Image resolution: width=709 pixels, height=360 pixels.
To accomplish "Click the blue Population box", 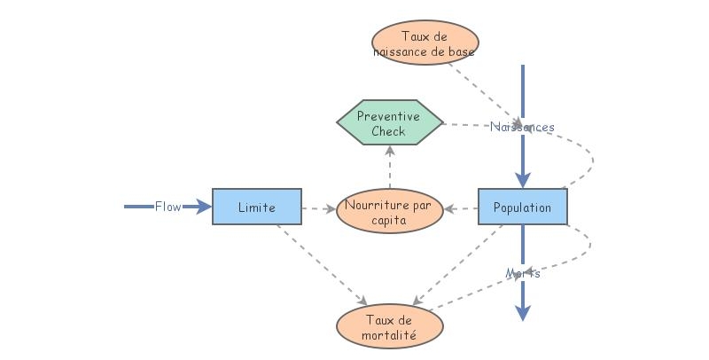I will point(523,207).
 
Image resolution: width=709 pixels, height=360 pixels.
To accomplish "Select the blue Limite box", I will point(257,207).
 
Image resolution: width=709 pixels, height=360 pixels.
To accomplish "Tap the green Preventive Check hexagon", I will point(389,122).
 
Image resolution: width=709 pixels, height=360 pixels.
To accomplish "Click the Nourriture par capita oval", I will point(390,213).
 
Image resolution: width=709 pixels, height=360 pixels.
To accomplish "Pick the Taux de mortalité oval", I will point(389,327).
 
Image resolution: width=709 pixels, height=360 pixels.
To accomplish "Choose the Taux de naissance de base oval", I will point(425,43).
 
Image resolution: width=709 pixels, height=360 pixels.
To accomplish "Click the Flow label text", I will point(168,207).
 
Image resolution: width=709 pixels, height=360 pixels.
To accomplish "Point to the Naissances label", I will point(522,127).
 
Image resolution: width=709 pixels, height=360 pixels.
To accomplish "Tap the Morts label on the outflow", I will point(523,273).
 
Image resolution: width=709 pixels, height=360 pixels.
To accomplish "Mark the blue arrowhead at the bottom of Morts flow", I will point(523,312).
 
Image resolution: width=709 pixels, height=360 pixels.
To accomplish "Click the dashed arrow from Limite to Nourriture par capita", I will point(319,210).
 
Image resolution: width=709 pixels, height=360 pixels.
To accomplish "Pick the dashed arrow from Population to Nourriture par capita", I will point(461,210).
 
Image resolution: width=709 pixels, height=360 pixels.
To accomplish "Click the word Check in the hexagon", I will point(388,131).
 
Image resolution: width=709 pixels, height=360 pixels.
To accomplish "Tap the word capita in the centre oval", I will point(390,222).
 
